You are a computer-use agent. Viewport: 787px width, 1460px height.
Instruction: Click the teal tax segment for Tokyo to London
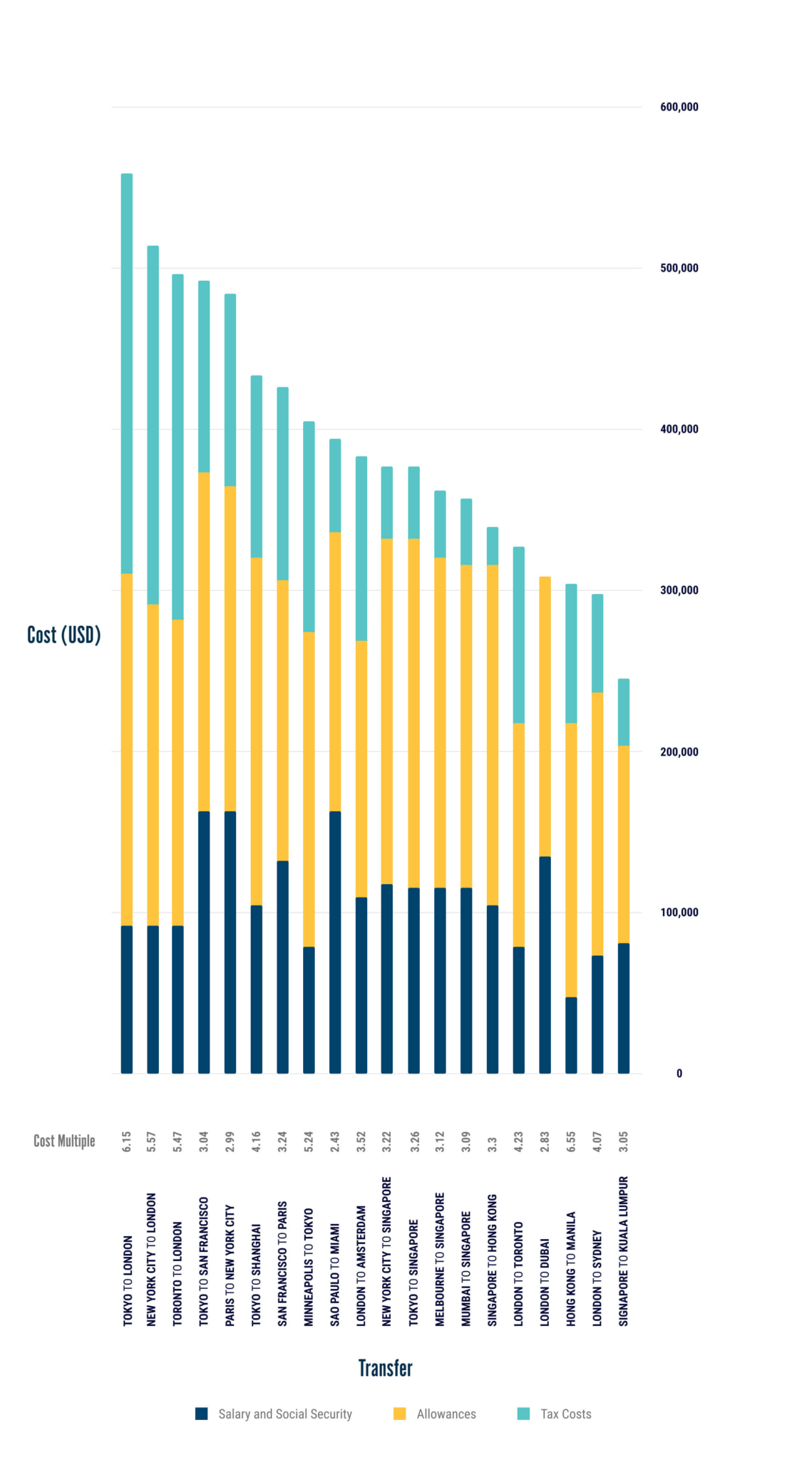pyautogui.click(x=127, y=374)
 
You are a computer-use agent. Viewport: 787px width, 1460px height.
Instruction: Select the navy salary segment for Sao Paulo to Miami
pyautogui.click(x=335, y=942)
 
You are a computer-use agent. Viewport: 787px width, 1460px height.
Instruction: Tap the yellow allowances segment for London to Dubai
pyautogui.click(x=545, y=716)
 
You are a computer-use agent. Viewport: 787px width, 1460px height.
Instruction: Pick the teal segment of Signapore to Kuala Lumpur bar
pyautogui.click(x=624, y=711)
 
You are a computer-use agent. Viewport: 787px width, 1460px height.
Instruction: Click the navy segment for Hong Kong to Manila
pyautogui.click(x=571, y=1034)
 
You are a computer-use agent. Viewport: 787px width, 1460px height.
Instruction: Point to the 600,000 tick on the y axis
pyautogui.click(x=679, y=107)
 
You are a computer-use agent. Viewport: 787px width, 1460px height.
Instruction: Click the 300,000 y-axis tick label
pyautogui.click(x=679, y=590)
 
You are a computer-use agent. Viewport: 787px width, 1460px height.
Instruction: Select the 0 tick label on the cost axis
pyautogui.click(x=679, y=1074)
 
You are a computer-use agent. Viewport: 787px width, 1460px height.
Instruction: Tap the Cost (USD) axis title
pyautogui.click(x=63, y=634)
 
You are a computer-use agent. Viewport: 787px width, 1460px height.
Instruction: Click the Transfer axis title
pyautogui.click(x=385, y=1368)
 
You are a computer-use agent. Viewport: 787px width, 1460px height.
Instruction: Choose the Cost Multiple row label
pyautogui.click(x=64, y=1141)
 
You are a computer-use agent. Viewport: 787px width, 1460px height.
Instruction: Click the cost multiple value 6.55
pyautogui.click(x=571, y=1141)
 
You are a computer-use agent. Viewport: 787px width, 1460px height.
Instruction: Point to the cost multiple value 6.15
pyautogui.click(x=127, y=1141)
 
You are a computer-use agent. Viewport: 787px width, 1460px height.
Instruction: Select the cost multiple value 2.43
pyautogui.click(x=335, y=1141)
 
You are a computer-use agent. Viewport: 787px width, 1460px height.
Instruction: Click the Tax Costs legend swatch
pyautogui.click(x=523, y=1414)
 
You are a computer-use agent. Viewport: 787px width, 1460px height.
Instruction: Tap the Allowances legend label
pyautogui.click(x=446, y=1414)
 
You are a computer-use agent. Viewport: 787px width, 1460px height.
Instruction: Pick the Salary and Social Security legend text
pyautogui.click(x=285, y=1414)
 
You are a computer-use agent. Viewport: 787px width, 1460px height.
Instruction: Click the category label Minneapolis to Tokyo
pyautogui.click(x=309, y=1267)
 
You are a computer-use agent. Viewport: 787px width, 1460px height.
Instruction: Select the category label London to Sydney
pyautogui.click(x=597, y=1278)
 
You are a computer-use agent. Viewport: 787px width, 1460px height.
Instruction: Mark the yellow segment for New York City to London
pyautogui.click(x=153, y=764)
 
